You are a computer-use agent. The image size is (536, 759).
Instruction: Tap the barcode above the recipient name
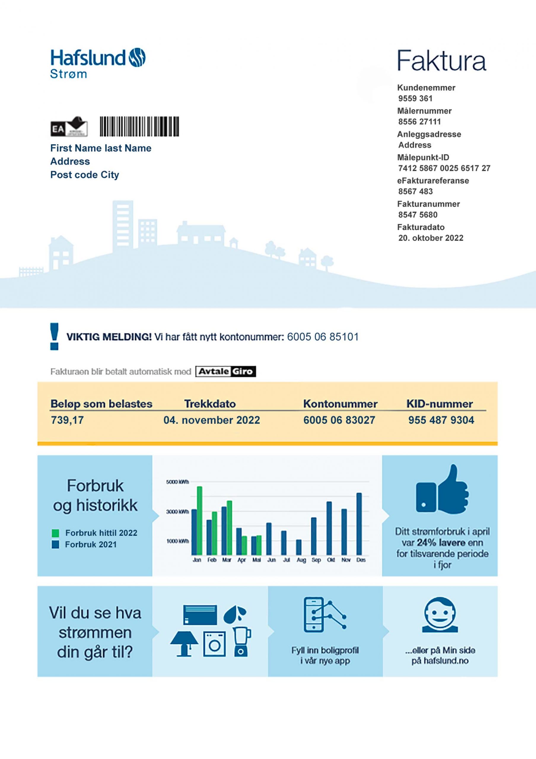tap(139, 126)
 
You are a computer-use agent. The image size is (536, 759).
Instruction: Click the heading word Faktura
tap(441, 61)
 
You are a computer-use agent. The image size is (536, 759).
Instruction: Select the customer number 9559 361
tap(415, 98)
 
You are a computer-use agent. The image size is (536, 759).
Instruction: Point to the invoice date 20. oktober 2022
tap(430, 238)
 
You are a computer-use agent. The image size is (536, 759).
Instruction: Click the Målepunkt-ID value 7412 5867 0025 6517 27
tap(444, 168)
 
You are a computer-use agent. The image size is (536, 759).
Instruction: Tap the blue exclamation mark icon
tap(54, 336)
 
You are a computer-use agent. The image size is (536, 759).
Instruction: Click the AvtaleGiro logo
tap(225, 371)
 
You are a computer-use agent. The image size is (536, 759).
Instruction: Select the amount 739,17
tap(67, 420)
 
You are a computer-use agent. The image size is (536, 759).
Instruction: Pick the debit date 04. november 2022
tap(211, 420)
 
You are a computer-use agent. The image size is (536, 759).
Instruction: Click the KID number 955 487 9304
tap(441, 420)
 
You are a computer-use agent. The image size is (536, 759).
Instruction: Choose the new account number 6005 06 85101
tap(323, 337)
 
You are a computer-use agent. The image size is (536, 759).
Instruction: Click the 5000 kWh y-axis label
tap(177, 482)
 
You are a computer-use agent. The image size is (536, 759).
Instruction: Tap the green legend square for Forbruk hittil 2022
tap(55, 533)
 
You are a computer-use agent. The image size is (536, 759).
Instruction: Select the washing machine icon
tap(214, 644)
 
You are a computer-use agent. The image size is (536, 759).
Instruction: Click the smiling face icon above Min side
tap(440, 615)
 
